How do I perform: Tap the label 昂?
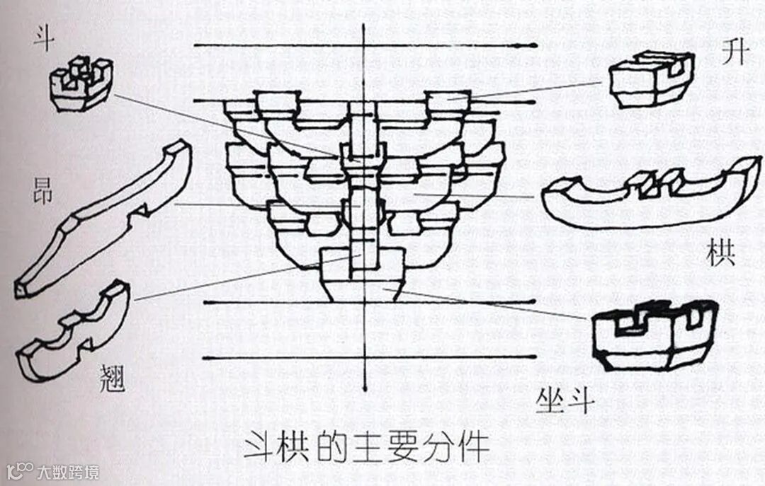[x=43, y=192]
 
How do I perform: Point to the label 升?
[x=734, y=53]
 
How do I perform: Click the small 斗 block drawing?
[x=80, y=84]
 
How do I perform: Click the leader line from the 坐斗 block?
[x=489, y=303]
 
